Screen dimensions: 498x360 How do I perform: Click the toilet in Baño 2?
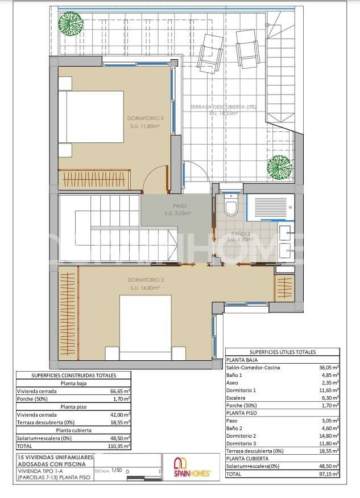coord(231,206)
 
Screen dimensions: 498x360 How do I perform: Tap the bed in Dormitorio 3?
coord(94,117)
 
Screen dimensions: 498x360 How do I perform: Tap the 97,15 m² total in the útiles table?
coord(329,473)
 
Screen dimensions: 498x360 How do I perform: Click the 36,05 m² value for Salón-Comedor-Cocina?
coord(329,368)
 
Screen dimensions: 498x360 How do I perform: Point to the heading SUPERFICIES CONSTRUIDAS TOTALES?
coord(74,376)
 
